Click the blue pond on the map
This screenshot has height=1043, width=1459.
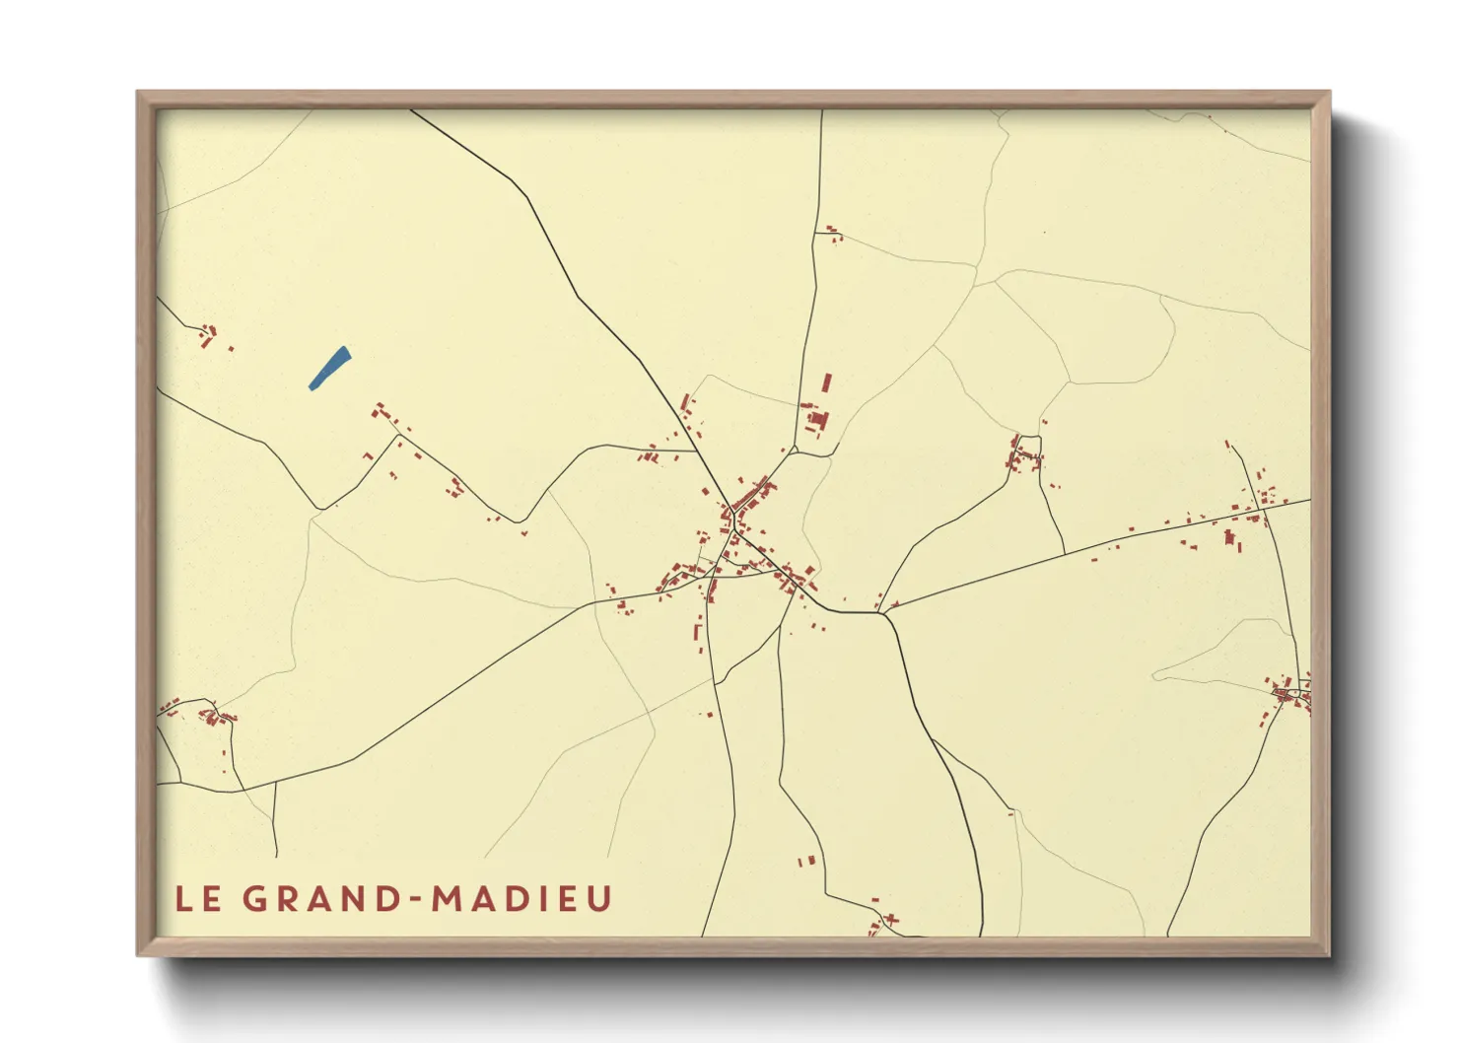click(329, 369)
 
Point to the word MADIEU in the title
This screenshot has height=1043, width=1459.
click(522, 899)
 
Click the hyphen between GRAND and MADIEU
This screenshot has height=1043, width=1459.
click(416, 899)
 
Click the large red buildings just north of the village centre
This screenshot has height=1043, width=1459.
click(818, 414)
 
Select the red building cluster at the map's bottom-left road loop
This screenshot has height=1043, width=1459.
click(212, 715)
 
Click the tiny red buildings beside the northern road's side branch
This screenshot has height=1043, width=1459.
click(833, 234)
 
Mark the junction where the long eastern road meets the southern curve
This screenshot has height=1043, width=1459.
click(882, 612)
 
